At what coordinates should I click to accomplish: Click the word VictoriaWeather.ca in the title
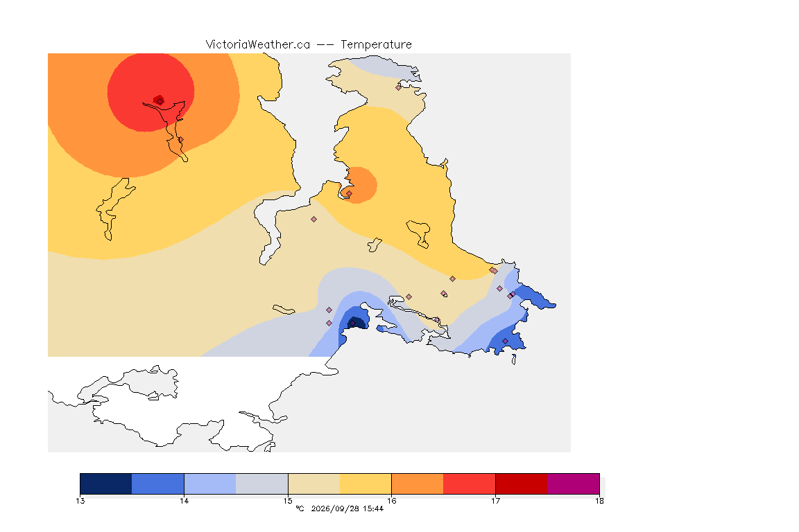(258, 45)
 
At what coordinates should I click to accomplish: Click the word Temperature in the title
(376, 45)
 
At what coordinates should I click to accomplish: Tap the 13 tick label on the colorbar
(80, 501)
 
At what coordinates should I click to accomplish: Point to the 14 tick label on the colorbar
(184, 501)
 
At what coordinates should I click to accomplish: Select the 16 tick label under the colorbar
(391, 501)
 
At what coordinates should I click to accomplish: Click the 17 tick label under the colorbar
(495, 501)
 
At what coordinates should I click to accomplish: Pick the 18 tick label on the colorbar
(599, 501)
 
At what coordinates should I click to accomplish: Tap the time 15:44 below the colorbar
(373, 508)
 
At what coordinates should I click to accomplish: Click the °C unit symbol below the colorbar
(300, 508)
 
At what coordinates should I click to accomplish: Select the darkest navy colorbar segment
(106, 484)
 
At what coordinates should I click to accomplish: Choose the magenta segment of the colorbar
(574, 484)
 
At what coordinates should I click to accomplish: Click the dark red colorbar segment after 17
(522, 484)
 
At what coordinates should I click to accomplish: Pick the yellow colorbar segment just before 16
(366, 484)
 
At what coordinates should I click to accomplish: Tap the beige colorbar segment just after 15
(314, 484)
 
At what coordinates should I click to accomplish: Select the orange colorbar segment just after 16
(418, 484)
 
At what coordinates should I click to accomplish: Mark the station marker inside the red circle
(160, 101)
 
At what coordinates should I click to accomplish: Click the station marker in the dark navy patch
(352, 323)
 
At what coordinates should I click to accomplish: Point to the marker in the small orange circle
(349, 193)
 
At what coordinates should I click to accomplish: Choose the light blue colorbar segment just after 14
(210, 484)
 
